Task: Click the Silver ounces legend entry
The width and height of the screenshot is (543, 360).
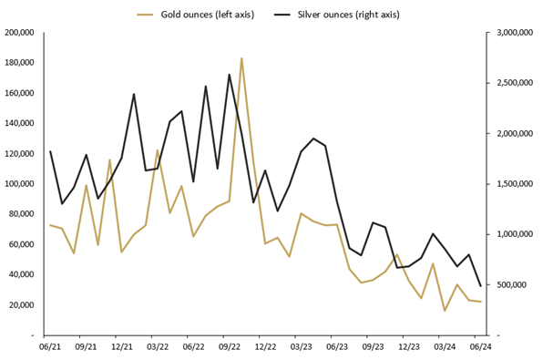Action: (x=351, y=15)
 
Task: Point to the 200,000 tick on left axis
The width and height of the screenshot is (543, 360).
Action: (x=19, y=33)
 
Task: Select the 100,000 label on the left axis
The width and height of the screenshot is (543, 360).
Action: (x=19, y=184)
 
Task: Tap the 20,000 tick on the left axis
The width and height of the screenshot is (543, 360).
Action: (x=21, y=304)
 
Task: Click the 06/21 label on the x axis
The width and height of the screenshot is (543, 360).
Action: (x=51, y=346)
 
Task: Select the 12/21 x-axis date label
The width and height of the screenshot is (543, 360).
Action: (x=122, y=346)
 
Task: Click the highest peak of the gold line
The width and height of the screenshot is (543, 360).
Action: (x=241, y=58)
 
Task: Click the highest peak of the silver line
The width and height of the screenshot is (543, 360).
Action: (x=229, y=75)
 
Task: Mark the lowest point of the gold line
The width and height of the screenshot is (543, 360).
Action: (x=445, y=311)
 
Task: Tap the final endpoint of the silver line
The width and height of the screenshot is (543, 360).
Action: (x=480, y=286)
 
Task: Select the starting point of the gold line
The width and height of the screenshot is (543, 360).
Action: (x=50, y=225)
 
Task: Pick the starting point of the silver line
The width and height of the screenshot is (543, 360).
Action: (x=50, y=151)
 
